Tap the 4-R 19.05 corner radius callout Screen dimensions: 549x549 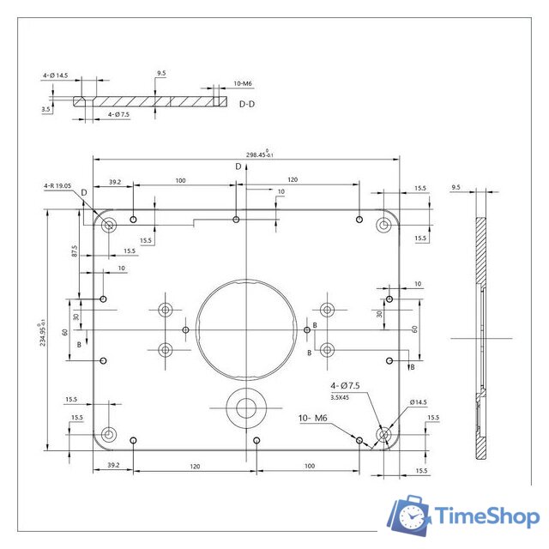[x=58, y=185]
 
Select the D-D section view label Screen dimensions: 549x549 [x=247, y=104]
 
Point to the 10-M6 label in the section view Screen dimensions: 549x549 [x=242, y=83]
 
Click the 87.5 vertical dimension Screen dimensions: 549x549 [x=75, y=250]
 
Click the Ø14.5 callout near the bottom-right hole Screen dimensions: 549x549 [x=418, y=401]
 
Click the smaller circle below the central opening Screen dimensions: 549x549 [x=245, y=407]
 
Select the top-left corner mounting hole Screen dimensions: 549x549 [x=109, y=226]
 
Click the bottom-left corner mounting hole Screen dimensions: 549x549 [x=108, y=434]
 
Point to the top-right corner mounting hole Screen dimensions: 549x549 [x=383, y=226]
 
